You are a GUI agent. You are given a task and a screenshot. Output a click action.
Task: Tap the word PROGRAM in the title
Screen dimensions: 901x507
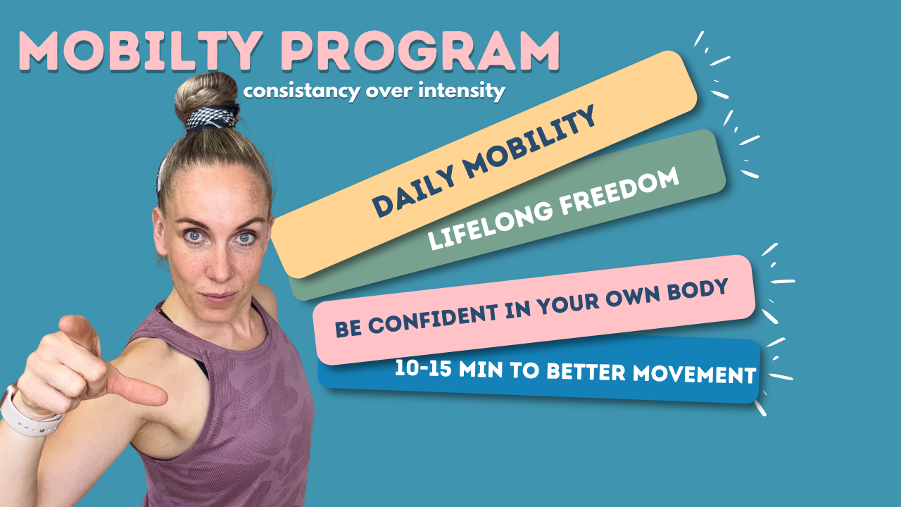coord(420,51)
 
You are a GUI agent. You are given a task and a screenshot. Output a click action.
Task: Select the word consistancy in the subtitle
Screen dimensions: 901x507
coord(302,92)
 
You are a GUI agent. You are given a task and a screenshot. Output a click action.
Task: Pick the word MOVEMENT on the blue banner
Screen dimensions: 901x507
coord(694,375)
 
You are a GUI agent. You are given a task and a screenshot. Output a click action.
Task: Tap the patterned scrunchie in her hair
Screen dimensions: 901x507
coord(212,118)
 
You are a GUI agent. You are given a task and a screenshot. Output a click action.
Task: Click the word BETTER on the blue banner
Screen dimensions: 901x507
coord(586,372)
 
